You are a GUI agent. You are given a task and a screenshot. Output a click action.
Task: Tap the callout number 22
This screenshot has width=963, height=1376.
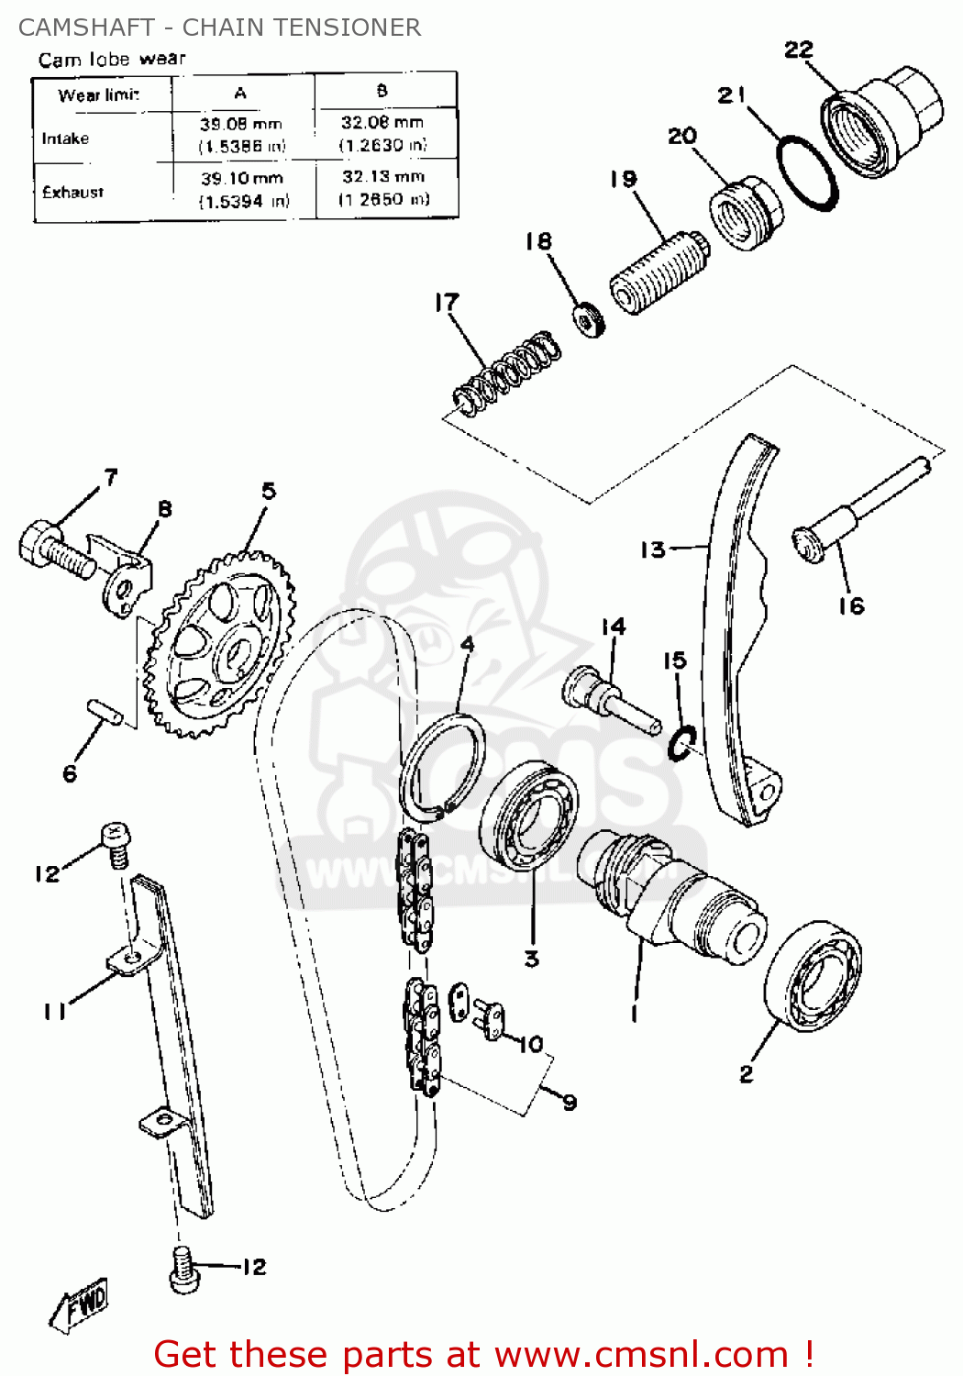tap(799, 50)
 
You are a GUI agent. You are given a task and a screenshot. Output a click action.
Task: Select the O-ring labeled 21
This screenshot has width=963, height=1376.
tap(807, 173)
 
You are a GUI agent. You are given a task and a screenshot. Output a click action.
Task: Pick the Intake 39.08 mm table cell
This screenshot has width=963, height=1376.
tap(242, 135)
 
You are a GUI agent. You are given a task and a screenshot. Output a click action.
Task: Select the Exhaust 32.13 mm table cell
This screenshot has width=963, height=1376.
tap(384, 188)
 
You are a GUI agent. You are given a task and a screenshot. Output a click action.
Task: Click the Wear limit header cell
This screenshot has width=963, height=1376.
tap(99, 94)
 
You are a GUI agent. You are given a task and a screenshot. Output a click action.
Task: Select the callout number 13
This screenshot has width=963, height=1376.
tap(652, 549)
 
